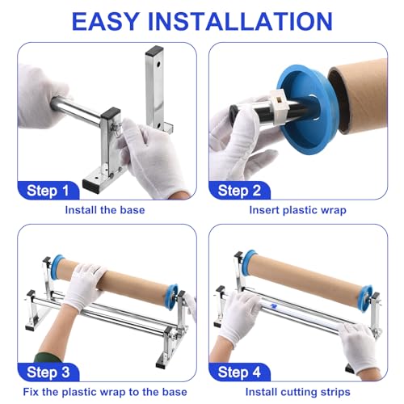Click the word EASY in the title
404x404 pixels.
pyautogui.click(x=105, y=22)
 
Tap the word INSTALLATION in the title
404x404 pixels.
pyautogui.click(x=241, y=22)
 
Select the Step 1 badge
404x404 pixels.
pyautogui.click(x=48, y=191)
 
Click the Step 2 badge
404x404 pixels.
pyautogui.click(x=239, y=191)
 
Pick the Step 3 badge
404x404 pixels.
pyautogui.click(x=48, y=372)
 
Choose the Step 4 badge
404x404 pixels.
pyautogui.click(x=239, y=372)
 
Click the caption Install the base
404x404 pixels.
pyautogui.click(x=105, y=210)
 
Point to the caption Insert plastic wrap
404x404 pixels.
pyautogui.click(x=297, y=210)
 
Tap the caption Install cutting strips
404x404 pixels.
pyautogui.click(x=298, y=392)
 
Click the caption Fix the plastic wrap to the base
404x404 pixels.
pyautogui.click(x=105, y=392)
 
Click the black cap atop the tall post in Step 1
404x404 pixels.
pyautogui.click(x=154, y=50)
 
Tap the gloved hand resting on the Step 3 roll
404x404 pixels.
pyautogui.click(x=84, y=285)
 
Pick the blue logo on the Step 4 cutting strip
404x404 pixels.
pyautogui.click(x=274, y=305)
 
